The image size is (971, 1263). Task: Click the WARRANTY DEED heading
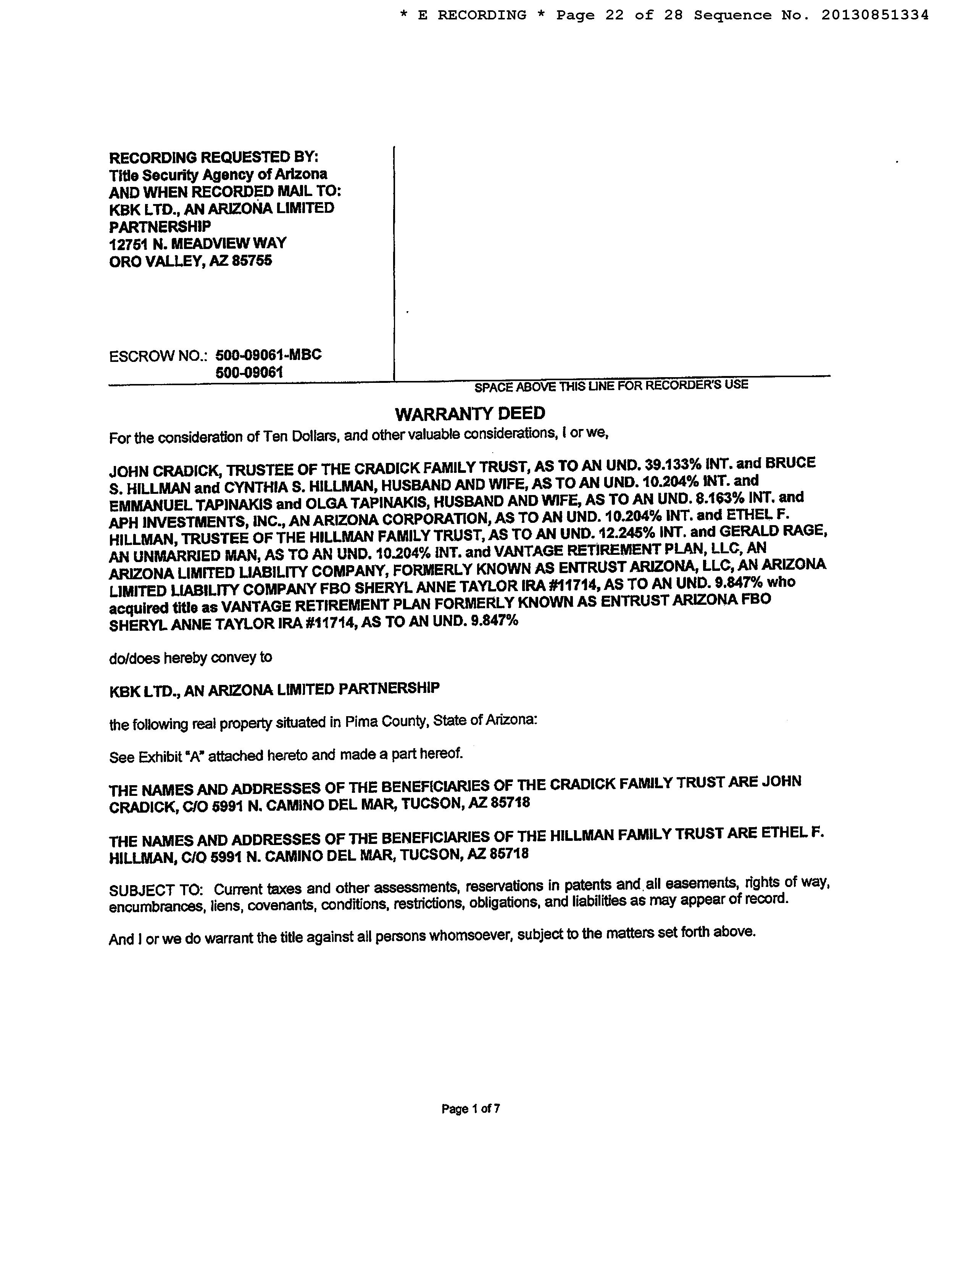pos(469,413)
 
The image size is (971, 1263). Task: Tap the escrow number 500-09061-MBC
pos(268,355)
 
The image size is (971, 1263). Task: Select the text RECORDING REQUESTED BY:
pos(213,157)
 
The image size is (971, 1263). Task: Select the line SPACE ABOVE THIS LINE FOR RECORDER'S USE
pos(611,385)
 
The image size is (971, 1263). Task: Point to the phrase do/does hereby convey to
pos(190,658)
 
